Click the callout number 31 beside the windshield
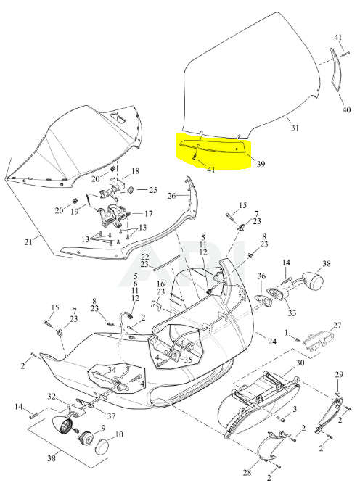point(295,128)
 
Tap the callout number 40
point(347,109)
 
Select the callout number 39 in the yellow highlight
point(261,164)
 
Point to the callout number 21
point(28,242)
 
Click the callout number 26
point(171,196)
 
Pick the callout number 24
point(272,342)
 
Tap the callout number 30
point(300,363)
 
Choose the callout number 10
point(119,434)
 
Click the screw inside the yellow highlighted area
point(194,156)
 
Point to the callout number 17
point(149,214)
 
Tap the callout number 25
point(153,191)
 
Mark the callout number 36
point(261,276)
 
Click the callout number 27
point(337,326)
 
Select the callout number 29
point(339,375)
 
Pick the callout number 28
point(247,473)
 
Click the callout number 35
point(188,360)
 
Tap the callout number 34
point(112,370)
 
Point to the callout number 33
point(292,313)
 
